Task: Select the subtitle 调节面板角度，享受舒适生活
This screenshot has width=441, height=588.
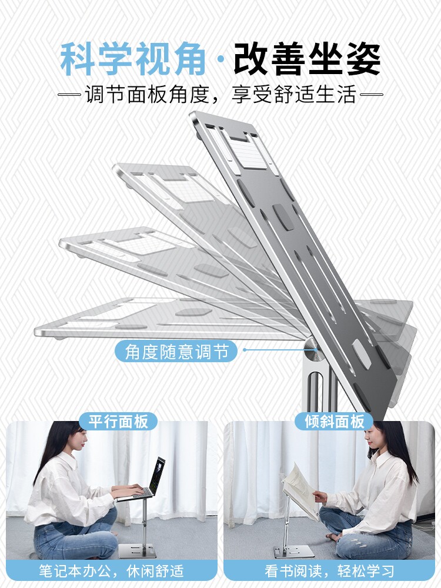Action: point(220,95)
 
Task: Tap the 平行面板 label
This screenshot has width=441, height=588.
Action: point(118,421)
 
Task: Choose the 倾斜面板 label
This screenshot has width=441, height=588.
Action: point(334,421)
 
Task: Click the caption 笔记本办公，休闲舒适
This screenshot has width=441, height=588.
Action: point(111,570)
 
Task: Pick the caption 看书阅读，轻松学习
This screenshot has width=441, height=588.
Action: point(329,570)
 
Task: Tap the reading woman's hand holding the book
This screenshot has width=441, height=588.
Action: point(319,497)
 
